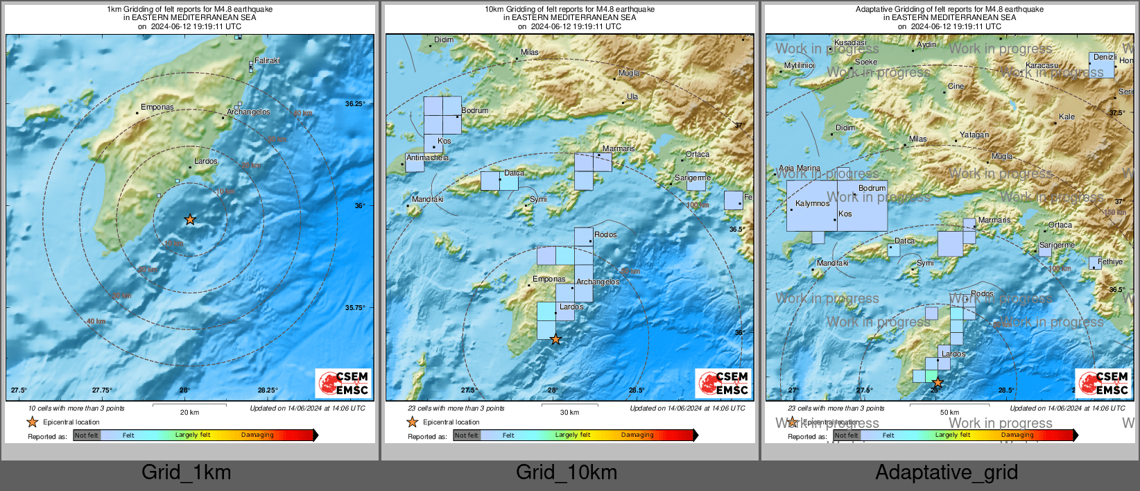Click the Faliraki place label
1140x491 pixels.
pyautogui.click(x=267, y=61)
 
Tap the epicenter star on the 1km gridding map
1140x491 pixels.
pyautogui.click(x=190, y=220)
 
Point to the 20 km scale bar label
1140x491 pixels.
pyautogui.click(x=189, y=413)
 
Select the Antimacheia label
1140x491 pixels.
pyautogui.click(x=427, y=158)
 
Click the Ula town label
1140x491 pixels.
pyautogui.click(x=632, y=97)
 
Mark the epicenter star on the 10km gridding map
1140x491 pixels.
pyautogui.click(x=555, y=340)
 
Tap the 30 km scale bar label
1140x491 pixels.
pyautogui.click(x=569, y=413)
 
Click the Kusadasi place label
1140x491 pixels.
pyautogui.click(x=850, y=43)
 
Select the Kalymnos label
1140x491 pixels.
pyautogui.click(x=812, y=204)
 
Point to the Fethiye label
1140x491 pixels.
pyautogui.click(x=1109, y=262)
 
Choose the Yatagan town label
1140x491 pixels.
pyautogui.click(x=974, y=135)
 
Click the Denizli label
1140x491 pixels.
pyautogui.click(x=1105, y=58)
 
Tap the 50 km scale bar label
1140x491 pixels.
pyautogui.click(x=949, y=413)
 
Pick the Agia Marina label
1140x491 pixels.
pyautogui.click(x=799, y=169)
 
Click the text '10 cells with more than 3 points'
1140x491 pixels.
pyautogui.click(x=76, y=408)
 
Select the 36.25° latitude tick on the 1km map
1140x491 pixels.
pyautogui.click(x=355, y=104)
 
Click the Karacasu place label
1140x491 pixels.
pyautogui.click(x=1042, y=66)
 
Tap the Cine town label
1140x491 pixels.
pyautogui.click(x=956, y=87)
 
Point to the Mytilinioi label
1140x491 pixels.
pyautogui.click(x=800, y=66)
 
